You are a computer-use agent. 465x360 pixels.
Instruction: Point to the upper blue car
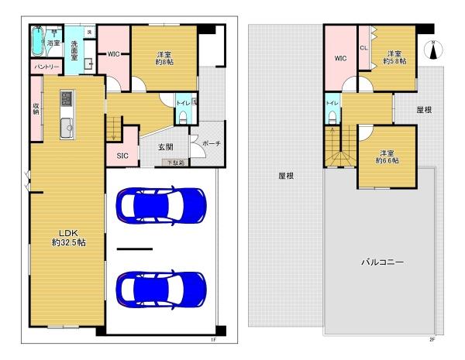(x=160, y=205)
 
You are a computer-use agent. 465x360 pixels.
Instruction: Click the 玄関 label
(x=166, y=147)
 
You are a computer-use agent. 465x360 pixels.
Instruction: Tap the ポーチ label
(x=210, y=144)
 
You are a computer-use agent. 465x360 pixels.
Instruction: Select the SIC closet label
(x=122, y=156)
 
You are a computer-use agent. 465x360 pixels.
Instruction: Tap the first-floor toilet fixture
(x=182, y=117)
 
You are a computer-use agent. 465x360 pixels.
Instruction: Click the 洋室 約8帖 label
(x=164, y=59)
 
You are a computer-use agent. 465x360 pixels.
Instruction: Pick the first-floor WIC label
(x=113, y=54)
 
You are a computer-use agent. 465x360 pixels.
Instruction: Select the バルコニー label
(x=381, y=262)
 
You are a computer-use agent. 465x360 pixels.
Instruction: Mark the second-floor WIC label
(x=340, y=58)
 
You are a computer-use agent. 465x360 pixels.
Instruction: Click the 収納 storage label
(x=36, y=108)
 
